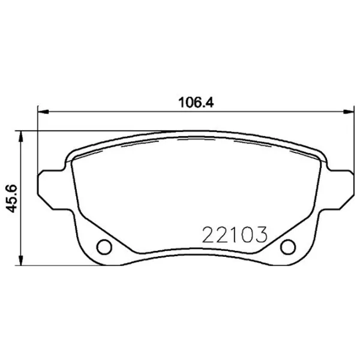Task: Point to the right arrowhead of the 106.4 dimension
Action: pyautogui.click(x=349, y=110)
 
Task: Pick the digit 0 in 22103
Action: pyautogui.click(x=245, y=234)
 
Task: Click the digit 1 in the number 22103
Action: pyautogui.click(x=232, y=234)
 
